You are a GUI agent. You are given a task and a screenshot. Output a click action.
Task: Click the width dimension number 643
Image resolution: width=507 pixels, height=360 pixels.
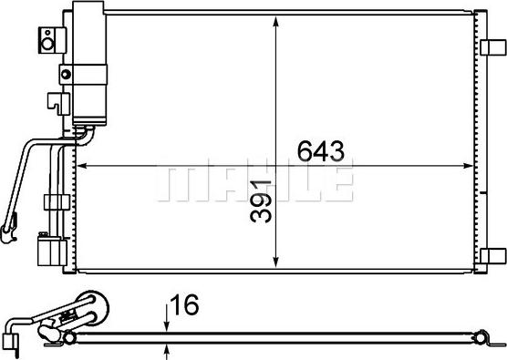point(318,150)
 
